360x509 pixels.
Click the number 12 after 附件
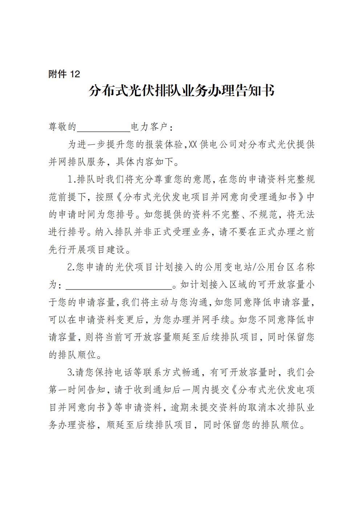pyautogui.click(x=74, y=74)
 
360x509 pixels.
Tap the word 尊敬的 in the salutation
pyautogui.click(x=62, y=127)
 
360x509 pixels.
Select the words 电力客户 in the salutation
pyautogui.click(x=149, y=127)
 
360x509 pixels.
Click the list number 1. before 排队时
pyautogui.click(x=71, y=180)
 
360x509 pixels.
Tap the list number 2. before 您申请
pyautogui.click(x=71, y=267)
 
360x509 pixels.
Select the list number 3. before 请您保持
pyautogui.click(x=71, y=373)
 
